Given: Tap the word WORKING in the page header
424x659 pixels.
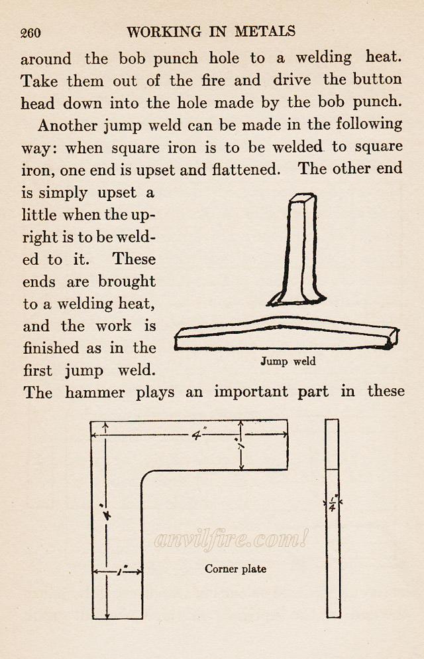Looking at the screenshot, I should [x=164, y=31].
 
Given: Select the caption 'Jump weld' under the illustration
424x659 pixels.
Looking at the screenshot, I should [x=288, y=362].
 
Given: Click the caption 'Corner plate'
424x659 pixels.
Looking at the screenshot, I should [x=235, y=569].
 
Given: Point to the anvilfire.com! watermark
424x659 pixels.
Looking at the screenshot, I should [x=231, y=540].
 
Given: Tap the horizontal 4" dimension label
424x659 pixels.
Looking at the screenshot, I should [x=197, y=435].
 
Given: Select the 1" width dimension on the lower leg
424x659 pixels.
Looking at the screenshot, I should [x=119, y=570].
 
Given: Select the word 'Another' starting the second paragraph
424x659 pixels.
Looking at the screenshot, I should [x=66, y=124].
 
